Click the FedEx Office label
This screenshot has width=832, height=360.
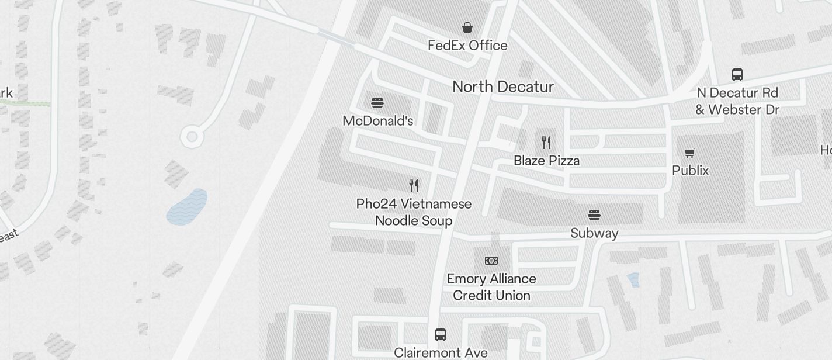coord(467,46)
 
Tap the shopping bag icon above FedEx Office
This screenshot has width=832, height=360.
coord(467,27)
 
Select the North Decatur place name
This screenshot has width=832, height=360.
coord(503,87)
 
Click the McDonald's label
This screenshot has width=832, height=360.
coord(378,121)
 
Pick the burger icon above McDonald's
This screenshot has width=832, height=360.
coord(377,103)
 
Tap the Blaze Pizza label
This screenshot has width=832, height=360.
coord(546,161)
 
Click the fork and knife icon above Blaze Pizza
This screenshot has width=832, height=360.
coord(546,142)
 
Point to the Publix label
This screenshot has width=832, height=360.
coord(690,171)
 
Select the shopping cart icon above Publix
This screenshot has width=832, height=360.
coord(690,153)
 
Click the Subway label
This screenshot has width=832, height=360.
coord(594,233)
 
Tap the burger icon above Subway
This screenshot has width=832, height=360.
coord(594,215)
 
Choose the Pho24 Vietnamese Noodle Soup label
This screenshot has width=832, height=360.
coord(414,212)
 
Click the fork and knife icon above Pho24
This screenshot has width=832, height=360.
coord(414,186)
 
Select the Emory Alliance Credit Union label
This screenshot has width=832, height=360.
coord(491,287)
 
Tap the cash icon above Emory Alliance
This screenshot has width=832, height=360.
coord(491,261)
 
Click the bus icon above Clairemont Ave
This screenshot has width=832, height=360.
coord(441,335)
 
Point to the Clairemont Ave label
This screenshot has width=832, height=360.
coord(441,353)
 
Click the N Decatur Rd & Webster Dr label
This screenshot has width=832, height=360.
coord(737,101)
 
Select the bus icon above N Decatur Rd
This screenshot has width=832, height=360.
coord(737,75)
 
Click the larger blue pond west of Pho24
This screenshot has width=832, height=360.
coord(187,207)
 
